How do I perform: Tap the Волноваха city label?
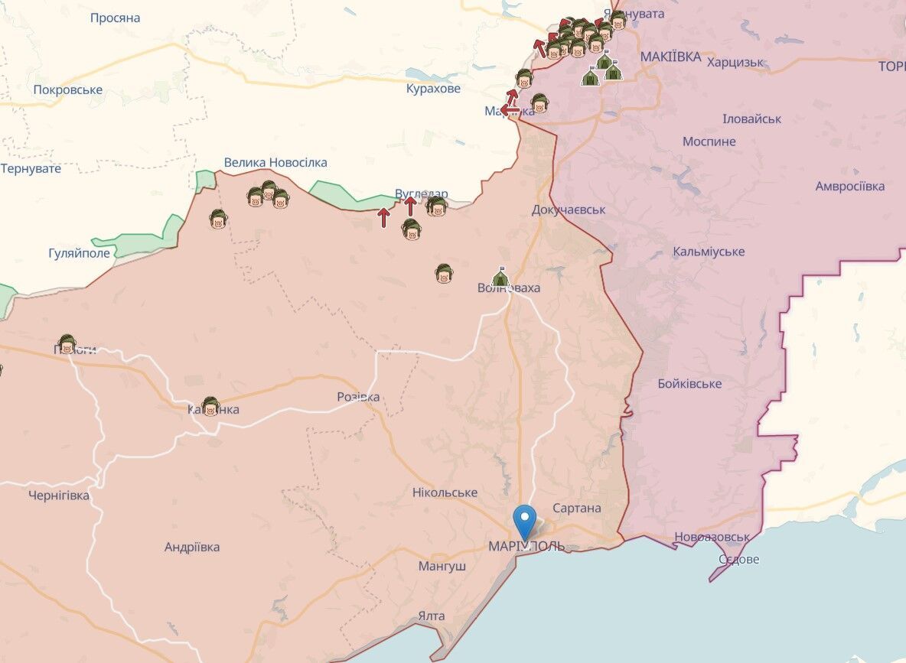click(x=508, y=288)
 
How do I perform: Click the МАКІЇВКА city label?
click(x=670, y=57)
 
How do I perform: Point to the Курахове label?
click(x=433, y=89)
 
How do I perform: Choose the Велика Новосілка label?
click(x=275, y=162)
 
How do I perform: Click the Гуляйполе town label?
click(x=80, y=252)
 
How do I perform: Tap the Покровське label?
click(x=68, y=89)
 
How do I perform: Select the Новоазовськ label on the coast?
click(x=712, y=537)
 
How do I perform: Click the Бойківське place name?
click(x=689, y=383)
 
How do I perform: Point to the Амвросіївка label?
click(x=849, y=186)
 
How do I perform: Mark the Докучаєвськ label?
click(x=569, y=209)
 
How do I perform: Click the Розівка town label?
click(x=358, y=397)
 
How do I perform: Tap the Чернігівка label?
click(x=59, y=495)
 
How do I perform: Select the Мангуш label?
click(x=442, y=567)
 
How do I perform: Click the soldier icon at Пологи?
click(x=67, y=343)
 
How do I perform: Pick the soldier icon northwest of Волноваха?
click(x=442, y=273)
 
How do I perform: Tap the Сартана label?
click(x=576, y=508)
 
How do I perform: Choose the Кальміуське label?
click(x=709, y=252)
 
